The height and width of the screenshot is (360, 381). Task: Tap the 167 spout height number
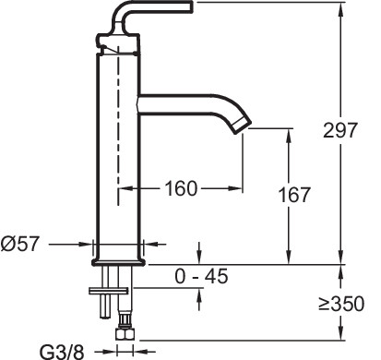[294, 196]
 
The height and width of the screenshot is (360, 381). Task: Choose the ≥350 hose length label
[347, 304]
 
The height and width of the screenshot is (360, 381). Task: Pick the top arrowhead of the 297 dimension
[340, 8]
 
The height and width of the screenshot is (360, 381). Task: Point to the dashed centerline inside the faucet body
[118, 138]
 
